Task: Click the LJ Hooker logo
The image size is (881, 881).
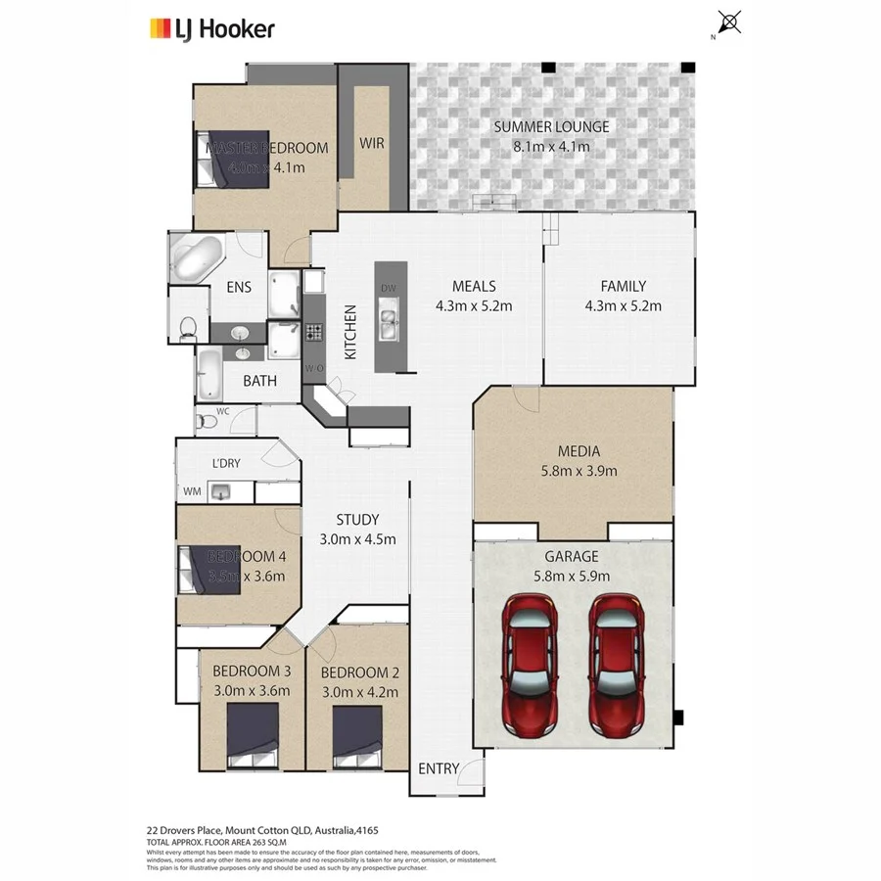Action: coord(211,29)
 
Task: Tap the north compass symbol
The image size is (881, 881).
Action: coord(728,23)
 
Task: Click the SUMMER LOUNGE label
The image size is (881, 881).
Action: coord(551,126)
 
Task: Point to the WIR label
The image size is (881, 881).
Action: coord(372,143)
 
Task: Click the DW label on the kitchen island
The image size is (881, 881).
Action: coord(389,288)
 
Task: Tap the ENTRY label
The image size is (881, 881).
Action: coord(438,768)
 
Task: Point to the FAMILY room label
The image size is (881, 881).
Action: coord(623,287)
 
